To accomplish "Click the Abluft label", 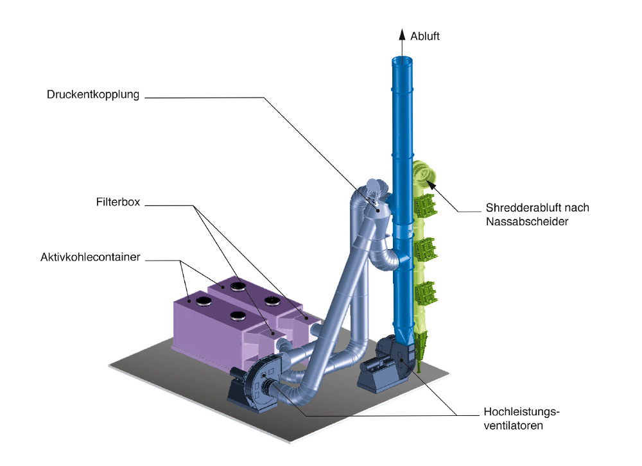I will pyautogui.click(x=425, y=37).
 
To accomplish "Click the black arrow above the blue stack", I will pyautogui.click(x=403, y=40).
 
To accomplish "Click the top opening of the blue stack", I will pyautogui.click(x=403, y=60).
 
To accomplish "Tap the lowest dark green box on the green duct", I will pyautogui.click(x=425, y=293).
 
